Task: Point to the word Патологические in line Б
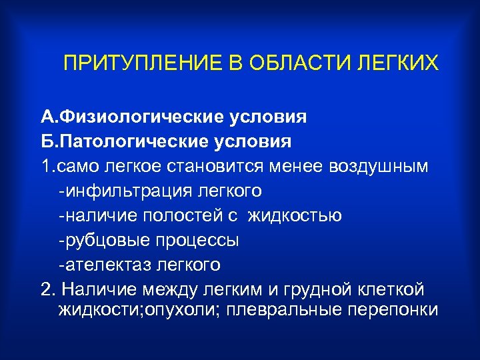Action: (136, 142)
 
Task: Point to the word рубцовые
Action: (101, 240)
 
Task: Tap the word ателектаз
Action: (103, 265)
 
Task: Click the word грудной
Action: (325, 290)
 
